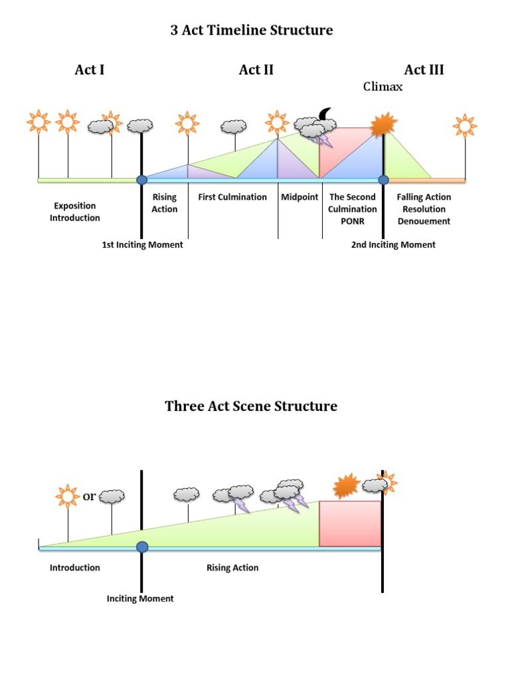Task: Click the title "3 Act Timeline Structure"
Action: click(251, 30)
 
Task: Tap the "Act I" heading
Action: click(89, 70)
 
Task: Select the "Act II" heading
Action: click(256, 70)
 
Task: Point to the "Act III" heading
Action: click(424, 70)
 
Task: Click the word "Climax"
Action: click(382, 87)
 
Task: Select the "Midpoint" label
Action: click(299, 197)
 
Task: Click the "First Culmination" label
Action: click(232, 197)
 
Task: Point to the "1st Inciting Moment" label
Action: click(142, 245)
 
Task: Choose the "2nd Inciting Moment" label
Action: click(393, 245)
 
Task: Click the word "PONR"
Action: click(353, 221)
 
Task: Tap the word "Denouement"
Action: click(424, 221)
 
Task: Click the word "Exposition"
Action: click(75, 206)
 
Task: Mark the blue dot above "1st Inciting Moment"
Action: click(141, 179)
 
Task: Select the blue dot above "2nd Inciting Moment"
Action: click(383, 179)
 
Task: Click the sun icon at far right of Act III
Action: click(464, 125)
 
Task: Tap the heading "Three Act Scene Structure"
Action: click(251, 406)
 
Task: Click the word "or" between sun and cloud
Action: click(89, 496)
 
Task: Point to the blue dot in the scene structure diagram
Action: click(142, 547)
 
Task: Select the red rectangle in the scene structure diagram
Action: click(351, 523)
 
